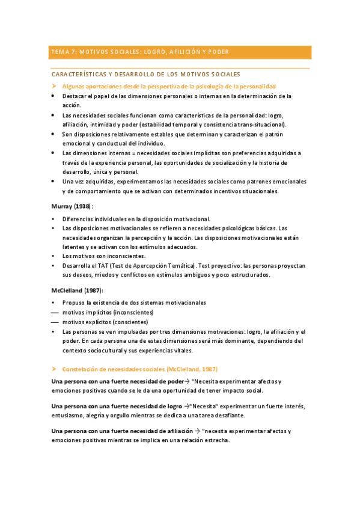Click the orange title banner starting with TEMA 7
tap(180, 52)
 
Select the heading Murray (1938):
tap(73, 206)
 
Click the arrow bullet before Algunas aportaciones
tap(54, 87)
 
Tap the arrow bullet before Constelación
tap(54, 368)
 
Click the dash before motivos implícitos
tap(55, 313)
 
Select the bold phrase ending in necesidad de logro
tap(117, 406)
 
